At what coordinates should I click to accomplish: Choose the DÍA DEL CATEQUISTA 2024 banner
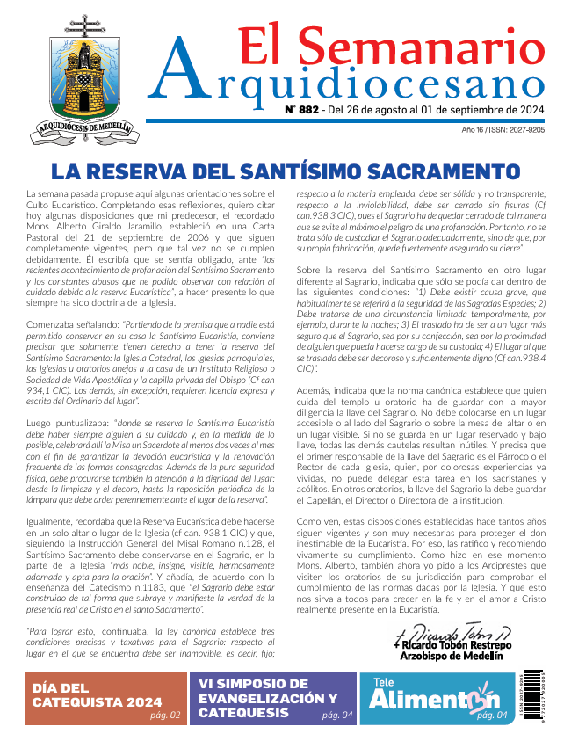pos(97,694)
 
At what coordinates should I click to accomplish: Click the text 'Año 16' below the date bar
pos(474,129)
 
